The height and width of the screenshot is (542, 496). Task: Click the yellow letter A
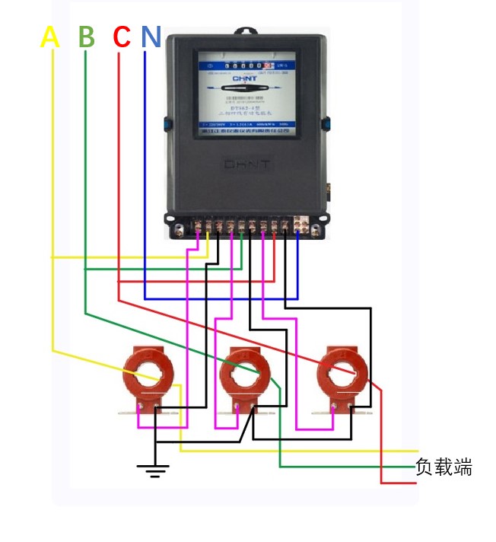click(49, 37)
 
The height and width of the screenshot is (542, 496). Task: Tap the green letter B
click(87, 37)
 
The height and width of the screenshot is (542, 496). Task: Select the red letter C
click(121, 37)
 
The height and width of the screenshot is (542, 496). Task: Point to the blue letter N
click(151, 37)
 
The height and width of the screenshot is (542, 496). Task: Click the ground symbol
click(155, 470)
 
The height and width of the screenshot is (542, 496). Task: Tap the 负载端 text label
click(444, 467)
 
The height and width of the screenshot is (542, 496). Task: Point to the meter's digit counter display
click(243, 66)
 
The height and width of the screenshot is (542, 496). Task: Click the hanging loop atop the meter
click(246, 32)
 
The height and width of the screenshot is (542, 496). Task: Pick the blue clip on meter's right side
click(328, 123)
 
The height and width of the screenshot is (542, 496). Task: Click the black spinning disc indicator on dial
click(244, 100)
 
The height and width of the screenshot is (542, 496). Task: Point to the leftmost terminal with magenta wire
click(198, 226)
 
